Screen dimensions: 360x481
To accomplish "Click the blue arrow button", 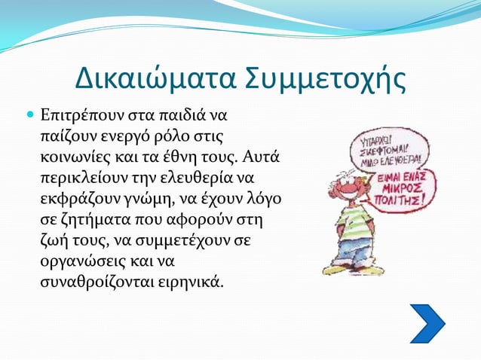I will (x=427, y=323).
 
